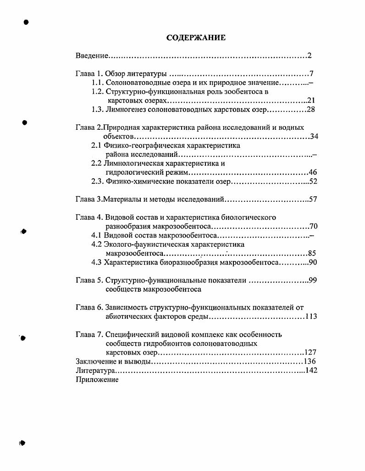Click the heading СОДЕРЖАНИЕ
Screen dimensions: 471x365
pyautogui.click(x=196, y=38)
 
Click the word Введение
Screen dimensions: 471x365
pyautogui.click(x=92, y=56)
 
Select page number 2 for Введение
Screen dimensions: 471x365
pyautogui.click(x=310, y=56)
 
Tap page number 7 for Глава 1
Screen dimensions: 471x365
pyautogui.click(x=311, y=74)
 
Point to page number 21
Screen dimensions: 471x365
pyautogui.click(x=311, y=100)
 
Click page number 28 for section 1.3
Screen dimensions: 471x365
pyautogui.click(x=311, y=110)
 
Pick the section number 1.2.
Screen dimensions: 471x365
pyautogui.click(x=97, y=92)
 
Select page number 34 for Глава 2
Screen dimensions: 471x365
pyautogui.click(x=314, y=136)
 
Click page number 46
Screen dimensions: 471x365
pyautogui.click(x=313, y=172)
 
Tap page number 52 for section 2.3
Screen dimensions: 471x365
pyautogui.click(x=313, y=182)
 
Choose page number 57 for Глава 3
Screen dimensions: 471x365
pyautogui.click(x=313, y=199)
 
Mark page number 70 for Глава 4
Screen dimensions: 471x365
pyautogui.click(x=314, y=226)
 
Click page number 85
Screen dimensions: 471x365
pyautogui.click(x=312, y=253)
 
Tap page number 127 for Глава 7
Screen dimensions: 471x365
pyautogui.click(x=311, y=352)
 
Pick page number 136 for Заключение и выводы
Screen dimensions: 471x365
pyautogui.click(x=310, y=361)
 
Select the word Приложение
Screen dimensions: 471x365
pyautogui.click(x=97, y=380)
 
